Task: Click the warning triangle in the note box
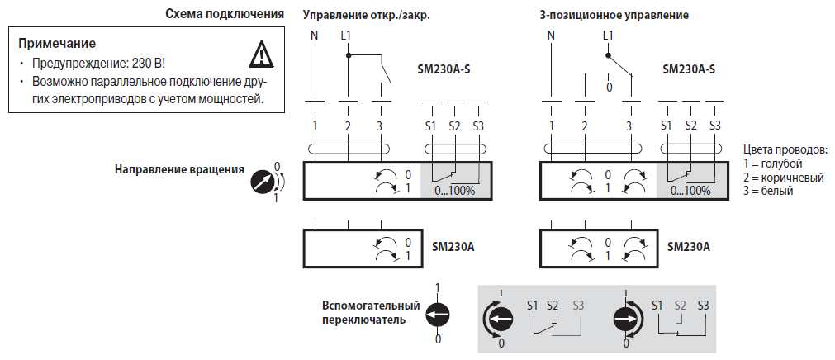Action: click(261, 54)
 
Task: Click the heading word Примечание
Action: click(57, 43)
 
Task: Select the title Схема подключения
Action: click(225, 15)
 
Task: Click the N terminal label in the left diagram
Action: click(314, 36)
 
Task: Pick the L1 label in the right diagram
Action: click(608, 36)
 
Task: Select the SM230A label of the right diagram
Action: click(688, 246)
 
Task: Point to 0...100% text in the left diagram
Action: click(454, 191)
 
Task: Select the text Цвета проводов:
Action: click(785, 150)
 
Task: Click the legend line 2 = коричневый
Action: click(784, 178)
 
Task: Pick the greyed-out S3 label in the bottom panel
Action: click(577, 305)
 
